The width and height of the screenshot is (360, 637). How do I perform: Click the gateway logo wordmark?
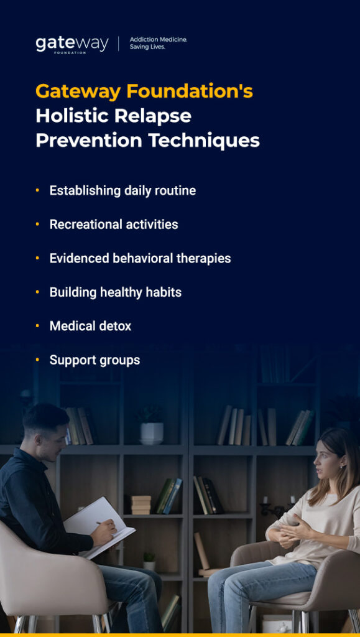(x=72, y=44)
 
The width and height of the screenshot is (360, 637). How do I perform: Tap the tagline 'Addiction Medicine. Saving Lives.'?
(x=158, y=43)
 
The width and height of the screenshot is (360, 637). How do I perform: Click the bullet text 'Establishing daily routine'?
(x=122, y=190)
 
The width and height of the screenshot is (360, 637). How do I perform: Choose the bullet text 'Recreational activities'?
(x=114, y=225)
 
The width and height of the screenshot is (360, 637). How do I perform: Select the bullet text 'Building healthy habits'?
(x=116, y=292)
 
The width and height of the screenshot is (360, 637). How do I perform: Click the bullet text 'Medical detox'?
(x=90, y=326)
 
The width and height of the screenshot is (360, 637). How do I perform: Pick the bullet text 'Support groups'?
(x=95, y=360)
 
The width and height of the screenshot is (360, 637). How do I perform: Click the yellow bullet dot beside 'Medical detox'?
(x=37, y=325)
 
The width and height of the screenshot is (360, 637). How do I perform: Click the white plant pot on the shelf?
(x=151, y=432)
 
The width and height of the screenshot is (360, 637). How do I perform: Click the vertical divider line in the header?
(x=118, y=44)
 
